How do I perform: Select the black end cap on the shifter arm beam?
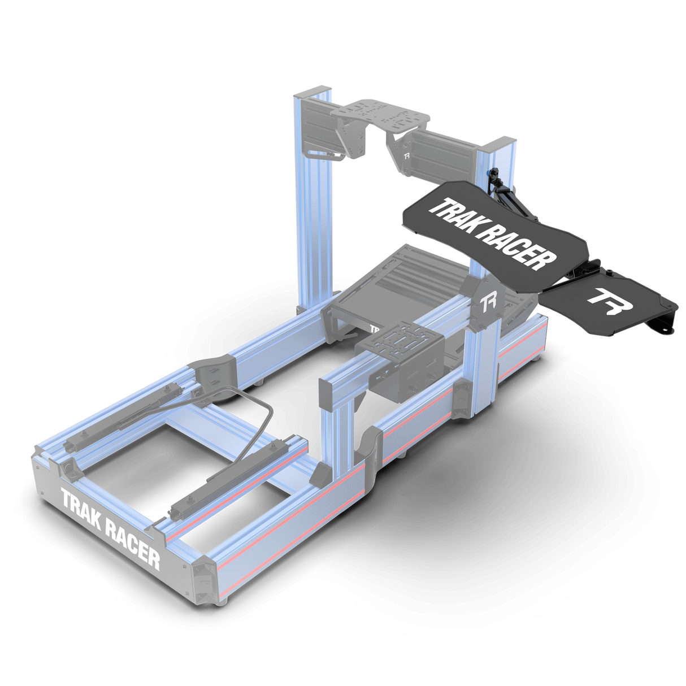click(327, 394)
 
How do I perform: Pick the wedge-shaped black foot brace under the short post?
click(320, 474)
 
